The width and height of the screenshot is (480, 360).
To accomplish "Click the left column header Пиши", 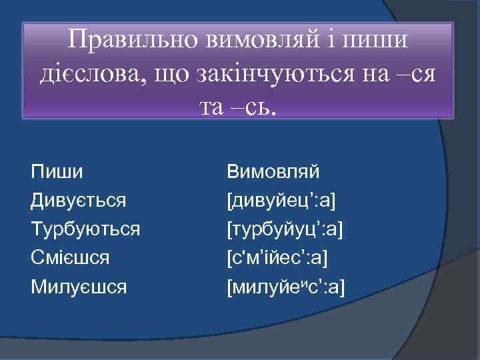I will coord(57,172).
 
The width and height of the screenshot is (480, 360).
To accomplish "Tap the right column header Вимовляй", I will coord(273,172).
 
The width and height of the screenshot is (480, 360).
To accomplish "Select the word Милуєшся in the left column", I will coord(79,286).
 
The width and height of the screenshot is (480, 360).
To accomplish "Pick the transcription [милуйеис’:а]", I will coord(286,286).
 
